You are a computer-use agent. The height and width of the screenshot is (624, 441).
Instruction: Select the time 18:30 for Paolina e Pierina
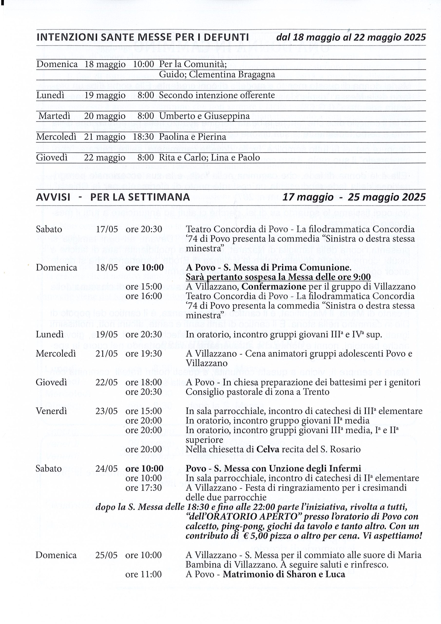(x=143, y=137)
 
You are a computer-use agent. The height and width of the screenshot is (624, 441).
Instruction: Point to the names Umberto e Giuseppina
(x=204, y=116)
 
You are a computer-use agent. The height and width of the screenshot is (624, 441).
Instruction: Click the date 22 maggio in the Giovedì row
(x=105, y=158)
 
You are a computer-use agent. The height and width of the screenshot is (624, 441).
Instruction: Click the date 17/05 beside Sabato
(x=107, y=229)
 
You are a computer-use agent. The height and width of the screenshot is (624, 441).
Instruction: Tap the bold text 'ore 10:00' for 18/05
(x=144, y=268)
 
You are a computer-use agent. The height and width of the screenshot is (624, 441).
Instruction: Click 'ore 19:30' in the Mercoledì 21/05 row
(x=144, y=354)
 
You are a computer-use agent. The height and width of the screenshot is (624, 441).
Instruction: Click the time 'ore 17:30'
(x=144, y=487)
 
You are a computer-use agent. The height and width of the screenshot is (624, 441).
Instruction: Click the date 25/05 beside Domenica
(x=106, y=555)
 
